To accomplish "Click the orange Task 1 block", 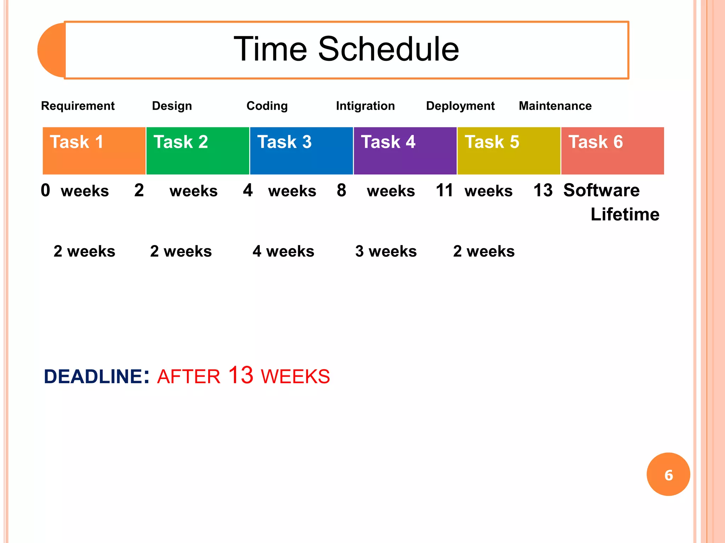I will click(94, 151).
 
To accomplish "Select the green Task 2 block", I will click(198, 151).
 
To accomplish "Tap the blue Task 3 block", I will click(301, 151).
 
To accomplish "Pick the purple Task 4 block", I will click(405, 151).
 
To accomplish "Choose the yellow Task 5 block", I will click(509, 151).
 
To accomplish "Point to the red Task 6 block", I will click(612, 151).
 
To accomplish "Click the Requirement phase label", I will click(78, 106).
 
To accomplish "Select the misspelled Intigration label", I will click(365, 106).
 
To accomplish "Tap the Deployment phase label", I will click(460, 106).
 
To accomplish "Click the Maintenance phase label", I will click(555, 106).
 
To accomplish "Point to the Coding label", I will click(267, 106).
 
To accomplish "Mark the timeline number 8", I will click(341, 190).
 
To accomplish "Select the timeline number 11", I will click(444, 190).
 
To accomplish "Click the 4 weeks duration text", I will click(283, 251).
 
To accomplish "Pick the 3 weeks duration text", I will click(386, 251).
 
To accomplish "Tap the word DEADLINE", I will click(93, 376).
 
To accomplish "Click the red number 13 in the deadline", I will click(241, 375).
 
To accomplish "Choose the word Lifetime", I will click(625, 214).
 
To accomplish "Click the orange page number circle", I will click(668, 474).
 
